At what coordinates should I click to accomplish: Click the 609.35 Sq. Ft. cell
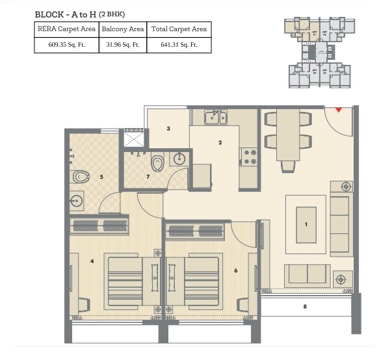point(66,45)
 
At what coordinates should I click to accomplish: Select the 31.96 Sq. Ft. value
point(123,45)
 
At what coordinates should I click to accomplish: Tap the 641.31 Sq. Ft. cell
point(179,45)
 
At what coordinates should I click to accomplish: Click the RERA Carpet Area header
point(66,29)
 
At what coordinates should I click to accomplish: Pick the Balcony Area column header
point(123,29)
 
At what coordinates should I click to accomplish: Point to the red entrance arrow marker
point(338,110)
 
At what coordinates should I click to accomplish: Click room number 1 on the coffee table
point(306,224)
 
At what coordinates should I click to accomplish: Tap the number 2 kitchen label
point(220,142)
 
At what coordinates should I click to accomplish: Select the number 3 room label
point(168,129)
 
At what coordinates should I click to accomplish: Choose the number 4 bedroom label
point(92,261)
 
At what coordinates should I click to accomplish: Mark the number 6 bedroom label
point(235,271)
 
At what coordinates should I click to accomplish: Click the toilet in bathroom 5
point(81,175)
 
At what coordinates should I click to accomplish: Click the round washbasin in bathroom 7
point(180,159)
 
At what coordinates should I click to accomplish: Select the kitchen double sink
point(215,117)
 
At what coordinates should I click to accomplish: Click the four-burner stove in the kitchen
point(249,157)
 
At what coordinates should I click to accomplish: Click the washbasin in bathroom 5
point(77,201)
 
